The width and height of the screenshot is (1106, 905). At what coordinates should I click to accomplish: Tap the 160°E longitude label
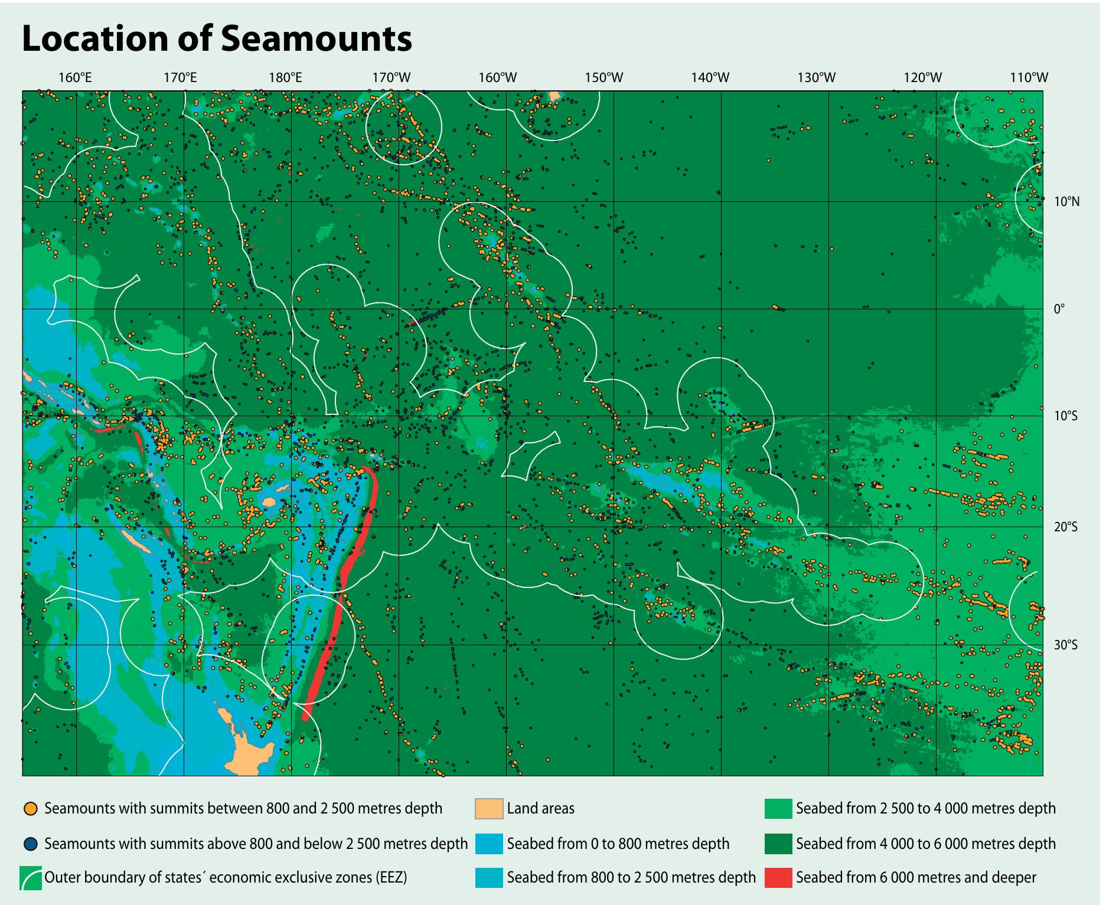click(x=75, y=77)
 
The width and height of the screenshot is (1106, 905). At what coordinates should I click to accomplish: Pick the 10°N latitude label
click(x=1066, y=202)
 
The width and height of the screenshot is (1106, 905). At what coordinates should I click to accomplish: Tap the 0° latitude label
click(x=1059, y=309)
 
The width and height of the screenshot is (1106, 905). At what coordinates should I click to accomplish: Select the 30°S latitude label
click(x=1066, y=645)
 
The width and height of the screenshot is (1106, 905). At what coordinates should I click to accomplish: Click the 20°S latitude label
click(x=1066, y=527)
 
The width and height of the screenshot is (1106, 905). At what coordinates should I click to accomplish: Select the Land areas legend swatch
click(x=489, y=809)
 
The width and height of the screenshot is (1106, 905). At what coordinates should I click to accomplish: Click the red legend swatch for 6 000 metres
click(x=778, y=878)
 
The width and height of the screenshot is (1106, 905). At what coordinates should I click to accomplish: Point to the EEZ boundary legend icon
click(x=31, y=878)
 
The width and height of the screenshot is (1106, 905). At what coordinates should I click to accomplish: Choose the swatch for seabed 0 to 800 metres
click(x=489, y=844)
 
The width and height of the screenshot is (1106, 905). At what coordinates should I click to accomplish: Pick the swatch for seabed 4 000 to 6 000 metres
click(x=778, y=844)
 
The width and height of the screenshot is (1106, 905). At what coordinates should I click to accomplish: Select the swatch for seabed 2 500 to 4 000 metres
click(x=778, y=809)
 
